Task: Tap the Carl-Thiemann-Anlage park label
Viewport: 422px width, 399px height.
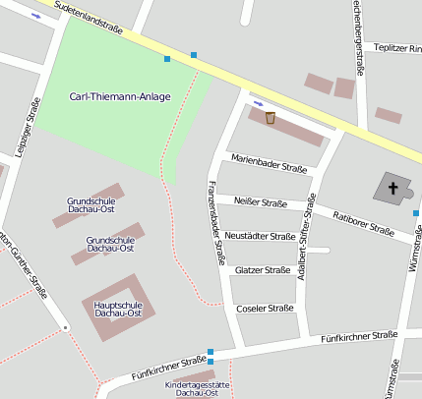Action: (120, 96)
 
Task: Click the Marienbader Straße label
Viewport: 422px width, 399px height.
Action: (269, 163)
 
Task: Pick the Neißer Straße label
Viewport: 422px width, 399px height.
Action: (261, 202)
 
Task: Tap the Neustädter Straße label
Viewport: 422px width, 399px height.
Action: (260, 236)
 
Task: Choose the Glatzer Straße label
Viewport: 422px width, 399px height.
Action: (263, 269)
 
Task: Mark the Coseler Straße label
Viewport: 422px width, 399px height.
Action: (265, 308)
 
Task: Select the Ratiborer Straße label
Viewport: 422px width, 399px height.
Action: (363, 225)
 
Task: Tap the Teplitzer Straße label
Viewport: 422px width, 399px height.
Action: (397, 47)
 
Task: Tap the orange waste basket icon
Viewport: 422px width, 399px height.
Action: (270, 118)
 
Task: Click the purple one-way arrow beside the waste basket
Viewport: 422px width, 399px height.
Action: (259, 102)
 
